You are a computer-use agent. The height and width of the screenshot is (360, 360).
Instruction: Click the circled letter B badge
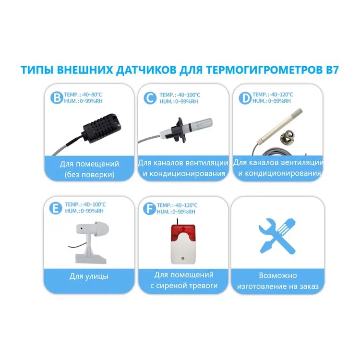coord(57,97)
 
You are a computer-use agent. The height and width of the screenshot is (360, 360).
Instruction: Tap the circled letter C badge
coord(150,98)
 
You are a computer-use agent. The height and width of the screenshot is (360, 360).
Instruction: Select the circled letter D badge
coord(245,98)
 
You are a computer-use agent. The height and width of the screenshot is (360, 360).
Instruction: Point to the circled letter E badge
coord(56,208)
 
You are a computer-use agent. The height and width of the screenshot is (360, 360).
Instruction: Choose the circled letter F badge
coord(149,208)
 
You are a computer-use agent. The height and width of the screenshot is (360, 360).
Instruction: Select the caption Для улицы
coord(89,276)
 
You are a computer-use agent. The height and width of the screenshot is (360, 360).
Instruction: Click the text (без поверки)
coord(90,175)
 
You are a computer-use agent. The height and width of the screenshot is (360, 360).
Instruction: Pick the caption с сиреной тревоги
coord(184,286)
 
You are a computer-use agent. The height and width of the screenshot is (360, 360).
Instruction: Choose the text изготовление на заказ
coord(278,286)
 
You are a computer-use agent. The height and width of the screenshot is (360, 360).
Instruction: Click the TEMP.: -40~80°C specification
coord(83,95)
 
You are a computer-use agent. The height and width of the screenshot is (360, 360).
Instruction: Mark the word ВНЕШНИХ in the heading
coord(84,70)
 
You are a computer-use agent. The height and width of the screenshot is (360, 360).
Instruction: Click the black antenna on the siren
coord(177,222)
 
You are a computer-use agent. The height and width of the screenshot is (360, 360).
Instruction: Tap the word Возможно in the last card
coord(278,276)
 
